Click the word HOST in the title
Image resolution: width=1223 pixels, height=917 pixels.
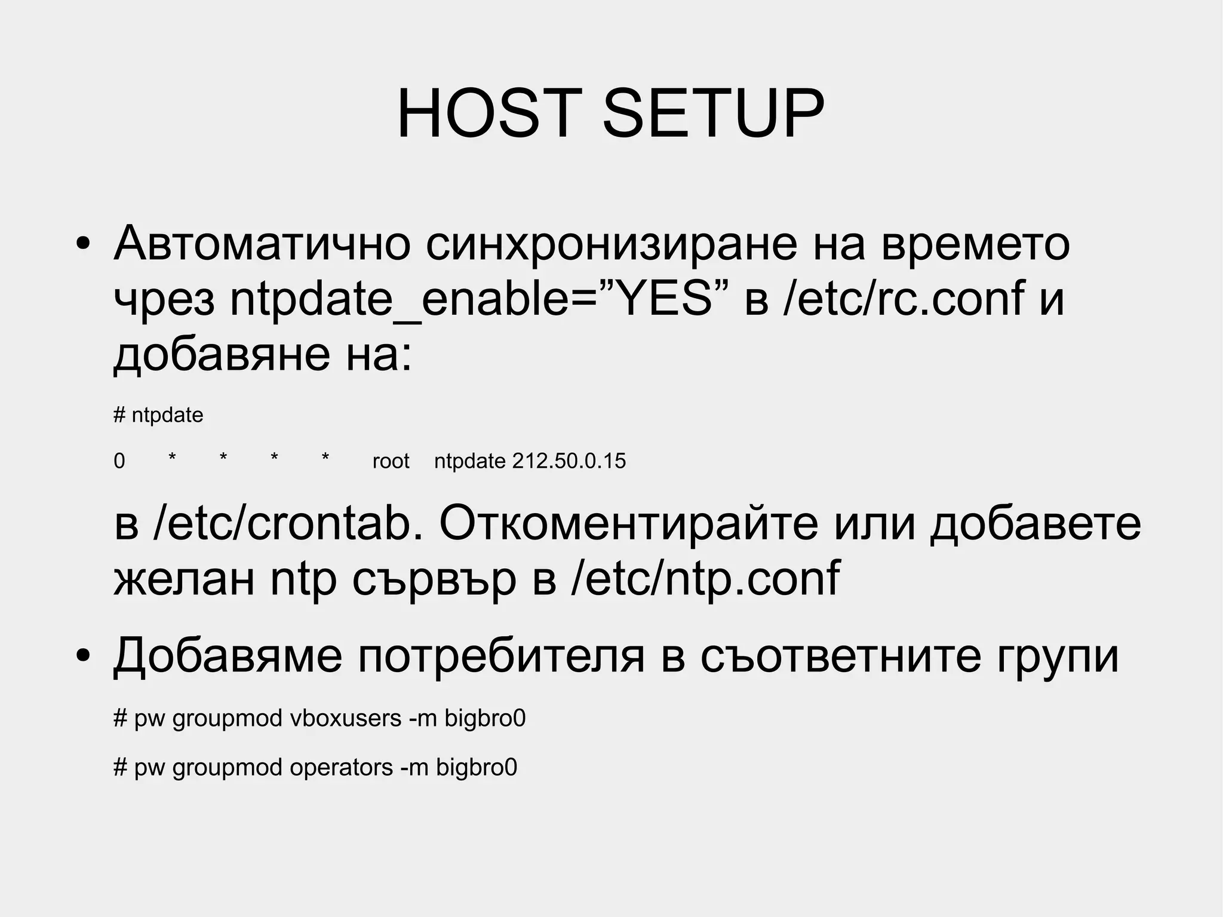489,114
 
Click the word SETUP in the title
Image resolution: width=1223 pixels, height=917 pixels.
714,114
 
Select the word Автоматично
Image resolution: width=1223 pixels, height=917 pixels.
262,243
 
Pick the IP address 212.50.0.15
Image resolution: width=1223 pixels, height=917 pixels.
569,461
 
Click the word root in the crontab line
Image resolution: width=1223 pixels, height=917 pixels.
391,461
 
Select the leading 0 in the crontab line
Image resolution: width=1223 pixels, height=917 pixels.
119,461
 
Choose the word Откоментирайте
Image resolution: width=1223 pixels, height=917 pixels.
629,524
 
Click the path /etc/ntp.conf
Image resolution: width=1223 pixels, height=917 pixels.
705,578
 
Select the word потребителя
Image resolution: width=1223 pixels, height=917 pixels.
502,656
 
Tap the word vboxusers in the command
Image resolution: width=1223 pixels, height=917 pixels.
345,718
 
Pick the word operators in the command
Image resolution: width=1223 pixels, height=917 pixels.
341,768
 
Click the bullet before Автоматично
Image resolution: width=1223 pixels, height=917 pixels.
83,244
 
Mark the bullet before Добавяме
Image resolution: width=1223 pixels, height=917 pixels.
83,657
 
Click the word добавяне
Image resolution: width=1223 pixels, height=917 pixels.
222,355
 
